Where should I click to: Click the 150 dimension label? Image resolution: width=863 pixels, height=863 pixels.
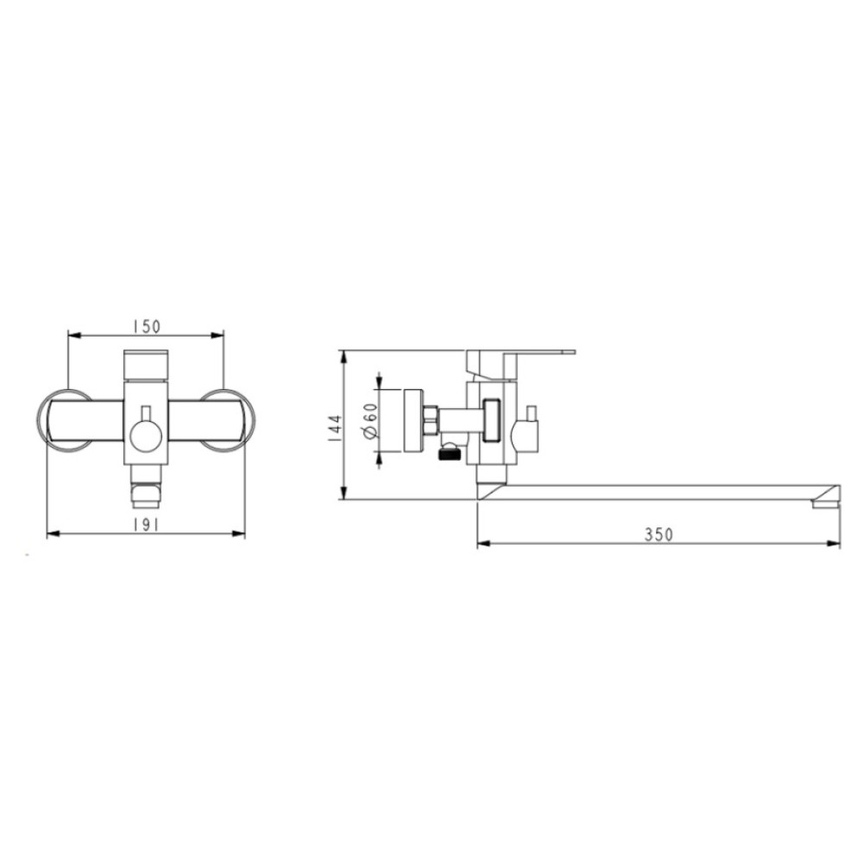pyautogui.click(x=146, y=326)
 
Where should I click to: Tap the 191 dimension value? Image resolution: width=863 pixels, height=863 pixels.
pyautogui.click(x=146, y=526)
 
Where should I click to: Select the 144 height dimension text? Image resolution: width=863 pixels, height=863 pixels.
pyautogui.click(x=334, y=428)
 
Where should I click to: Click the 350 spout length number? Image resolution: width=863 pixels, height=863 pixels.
pyautogui.click(x=658, y=534)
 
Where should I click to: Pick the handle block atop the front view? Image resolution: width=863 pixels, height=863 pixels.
pyautogui.click(x=146, y=365)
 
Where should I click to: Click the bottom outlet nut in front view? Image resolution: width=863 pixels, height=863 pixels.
pyautogui.click(x=146, y=494)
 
